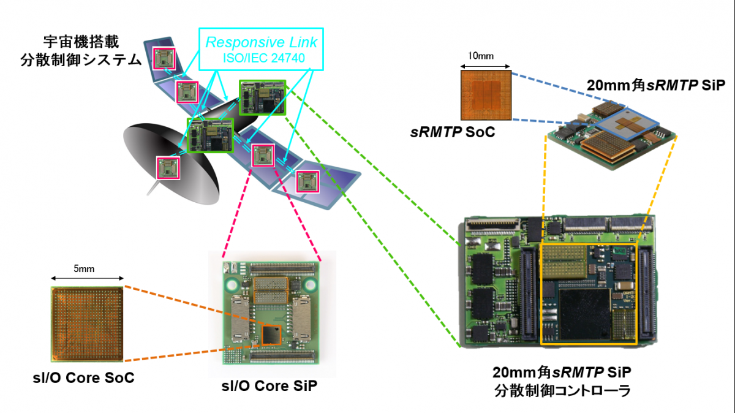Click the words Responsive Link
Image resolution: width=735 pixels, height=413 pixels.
click(262, 43)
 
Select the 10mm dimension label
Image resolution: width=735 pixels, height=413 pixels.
click(481, 56)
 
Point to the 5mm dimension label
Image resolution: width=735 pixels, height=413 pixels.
click(85, 268)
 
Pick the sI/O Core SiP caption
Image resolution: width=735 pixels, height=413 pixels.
click(269, 386)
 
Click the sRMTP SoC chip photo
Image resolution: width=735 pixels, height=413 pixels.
click(485, 94)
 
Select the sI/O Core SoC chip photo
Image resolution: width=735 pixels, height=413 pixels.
click(88, 324)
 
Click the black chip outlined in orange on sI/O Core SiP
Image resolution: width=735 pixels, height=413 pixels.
click(269, 335)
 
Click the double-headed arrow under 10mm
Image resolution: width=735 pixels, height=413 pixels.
click(485, 66)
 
